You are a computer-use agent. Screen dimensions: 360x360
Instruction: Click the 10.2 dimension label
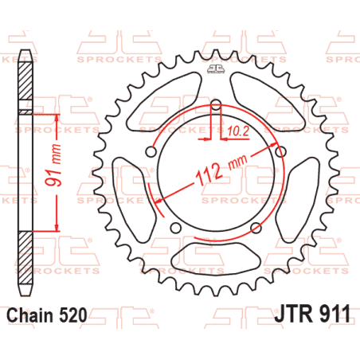pyautogui.click(x=238, y=131)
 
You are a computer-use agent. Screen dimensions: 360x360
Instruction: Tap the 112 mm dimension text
pyautogui.click(x=221, y=170)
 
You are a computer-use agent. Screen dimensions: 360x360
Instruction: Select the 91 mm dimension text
pyautogui.click(x=53, y=165)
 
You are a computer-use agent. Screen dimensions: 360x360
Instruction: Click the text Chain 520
pyautogui.click(x=47, y=315)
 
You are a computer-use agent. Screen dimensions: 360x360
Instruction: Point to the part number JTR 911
pyautogui.click(x=312, y=314)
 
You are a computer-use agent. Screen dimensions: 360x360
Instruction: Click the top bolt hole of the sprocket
pyautogui.click(x=216, y=105)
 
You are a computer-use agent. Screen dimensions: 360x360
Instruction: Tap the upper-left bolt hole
pyautogui.click(x=151, y=152)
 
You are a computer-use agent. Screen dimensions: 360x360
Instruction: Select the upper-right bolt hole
pyautogui.click(x=280, y=152)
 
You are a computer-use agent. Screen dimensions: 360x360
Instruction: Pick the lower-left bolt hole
pyautogui.click(x=176, y=228)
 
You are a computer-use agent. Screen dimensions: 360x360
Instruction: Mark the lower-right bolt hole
pyautogui.click(x=256, y=228)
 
